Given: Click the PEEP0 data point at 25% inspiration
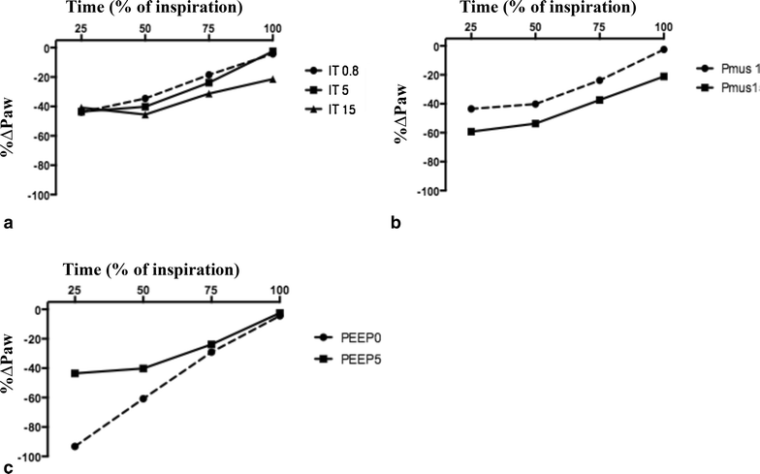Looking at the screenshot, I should pos(75,447).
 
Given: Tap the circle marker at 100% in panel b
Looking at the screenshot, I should pos(664,48).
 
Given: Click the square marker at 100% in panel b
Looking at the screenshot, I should pos(664,76).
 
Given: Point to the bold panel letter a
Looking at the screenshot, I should pos(9,223).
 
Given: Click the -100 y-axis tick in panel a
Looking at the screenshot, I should pos(38,196).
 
